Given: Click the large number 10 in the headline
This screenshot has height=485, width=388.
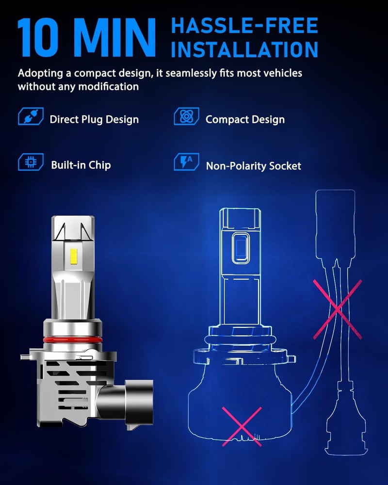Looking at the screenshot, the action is [x=38, y=37].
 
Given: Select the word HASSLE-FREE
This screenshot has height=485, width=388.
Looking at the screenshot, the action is [x=244, y=25].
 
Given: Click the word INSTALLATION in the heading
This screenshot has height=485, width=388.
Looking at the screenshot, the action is [x=244, y=49].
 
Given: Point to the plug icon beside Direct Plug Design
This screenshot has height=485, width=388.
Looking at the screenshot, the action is [x=31, y=116].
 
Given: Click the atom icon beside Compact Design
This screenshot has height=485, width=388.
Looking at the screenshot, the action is [x=186, y=116].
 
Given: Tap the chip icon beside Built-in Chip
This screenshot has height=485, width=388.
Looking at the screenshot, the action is [x=31, y=162].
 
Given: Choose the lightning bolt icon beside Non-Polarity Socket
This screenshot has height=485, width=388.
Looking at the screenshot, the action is [x=186, y=162].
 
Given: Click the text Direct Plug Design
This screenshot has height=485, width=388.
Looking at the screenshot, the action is [x=94, y=120].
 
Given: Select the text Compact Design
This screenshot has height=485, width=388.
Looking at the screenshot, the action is [x=245, y=120].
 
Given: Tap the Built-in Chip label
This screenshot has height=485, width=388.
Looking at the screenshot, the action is [x=81, y=165].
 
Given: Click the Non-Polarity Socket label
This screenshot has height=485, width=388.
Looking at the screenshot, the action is [x=253, y=166].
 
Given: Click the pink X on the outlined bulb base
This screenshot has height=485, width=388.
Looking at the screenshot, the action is [x=242, y=426].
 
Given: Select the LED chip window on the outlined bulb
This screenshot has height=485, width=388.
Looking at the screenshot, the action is [x=241, y=248].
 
